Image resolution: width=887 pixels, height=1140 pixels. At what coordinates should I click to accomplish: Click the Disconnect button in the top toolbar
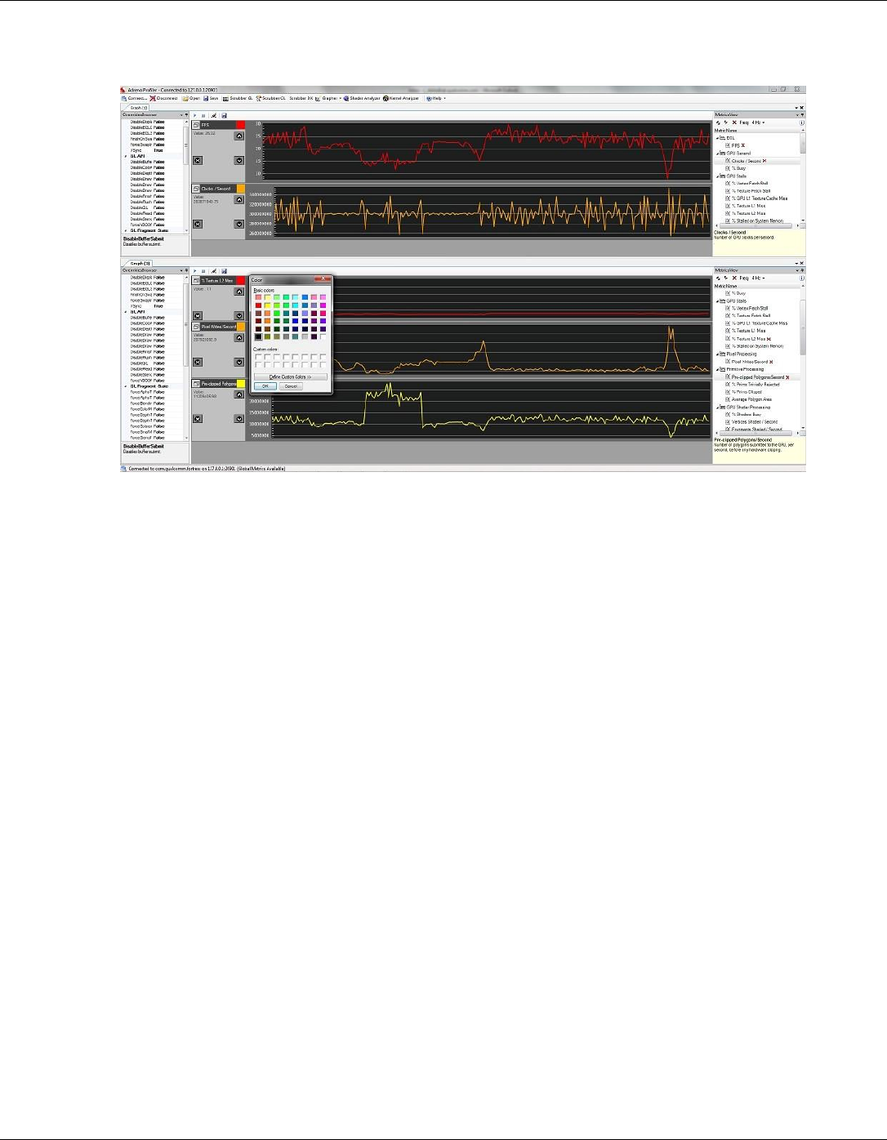(164, 98)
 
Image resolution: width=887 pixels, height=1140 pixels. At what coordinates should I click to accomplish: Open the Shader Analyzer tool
(363, 98)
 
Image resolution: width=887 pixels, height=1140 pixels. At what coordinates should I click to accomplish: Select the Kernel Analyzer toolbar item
(403, 98)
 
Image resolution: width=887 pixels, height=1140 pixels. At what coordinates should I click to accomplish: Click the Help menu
(436, 98)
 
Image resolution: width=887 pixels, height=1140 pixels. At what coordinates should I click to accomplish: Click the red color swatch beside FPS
(240, 125)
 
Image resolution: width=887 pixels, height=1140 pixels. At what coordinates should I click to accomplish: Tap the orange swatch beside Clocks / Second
(240, 189)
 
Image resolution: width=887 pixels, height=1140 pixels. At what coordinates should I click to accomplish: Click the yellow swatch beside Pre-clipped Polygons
(240, 383)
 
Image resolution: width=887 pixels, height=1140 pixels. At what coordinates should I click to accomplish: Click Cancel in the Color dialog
(291, 386)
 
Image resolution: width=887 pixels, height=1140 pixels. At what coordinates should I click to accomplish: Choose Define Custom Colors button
(291, 376)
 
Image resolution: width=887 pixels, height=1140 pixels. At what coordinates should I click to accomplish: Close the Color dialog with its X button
(323, 279)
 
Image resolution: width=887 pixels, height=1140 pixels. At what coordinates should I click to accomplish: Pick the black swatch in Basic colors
(259, 336)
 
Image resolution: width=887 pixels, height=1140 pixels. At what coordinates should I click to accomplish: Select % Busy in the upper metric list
(738, 168)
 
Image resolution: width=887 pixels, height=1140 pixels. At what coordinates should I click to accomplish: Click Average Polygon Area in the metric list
(751, 399)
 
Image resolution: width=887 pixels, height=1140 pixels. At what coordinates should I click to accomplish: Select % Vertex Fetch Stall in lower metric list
(750, 309)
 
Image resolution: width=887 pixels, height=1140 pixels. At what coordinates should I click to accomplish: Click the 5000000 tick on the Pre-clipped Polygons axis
(259, 435)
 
